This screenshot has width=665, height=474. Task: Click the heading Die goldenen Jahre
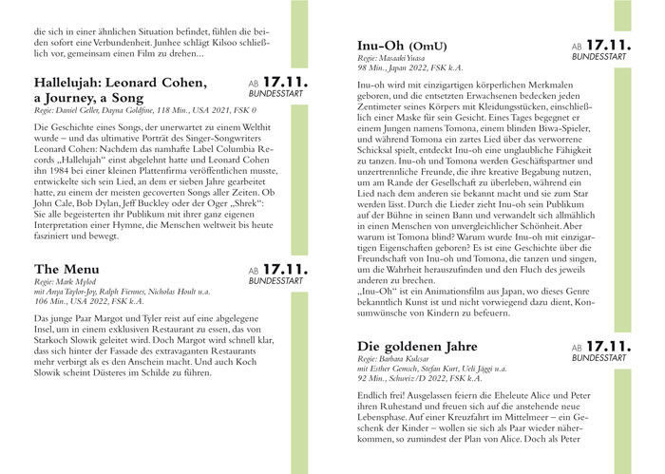(429, 346)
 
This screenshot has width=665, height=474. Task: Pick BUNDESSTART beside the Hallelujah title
(275, 95)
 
